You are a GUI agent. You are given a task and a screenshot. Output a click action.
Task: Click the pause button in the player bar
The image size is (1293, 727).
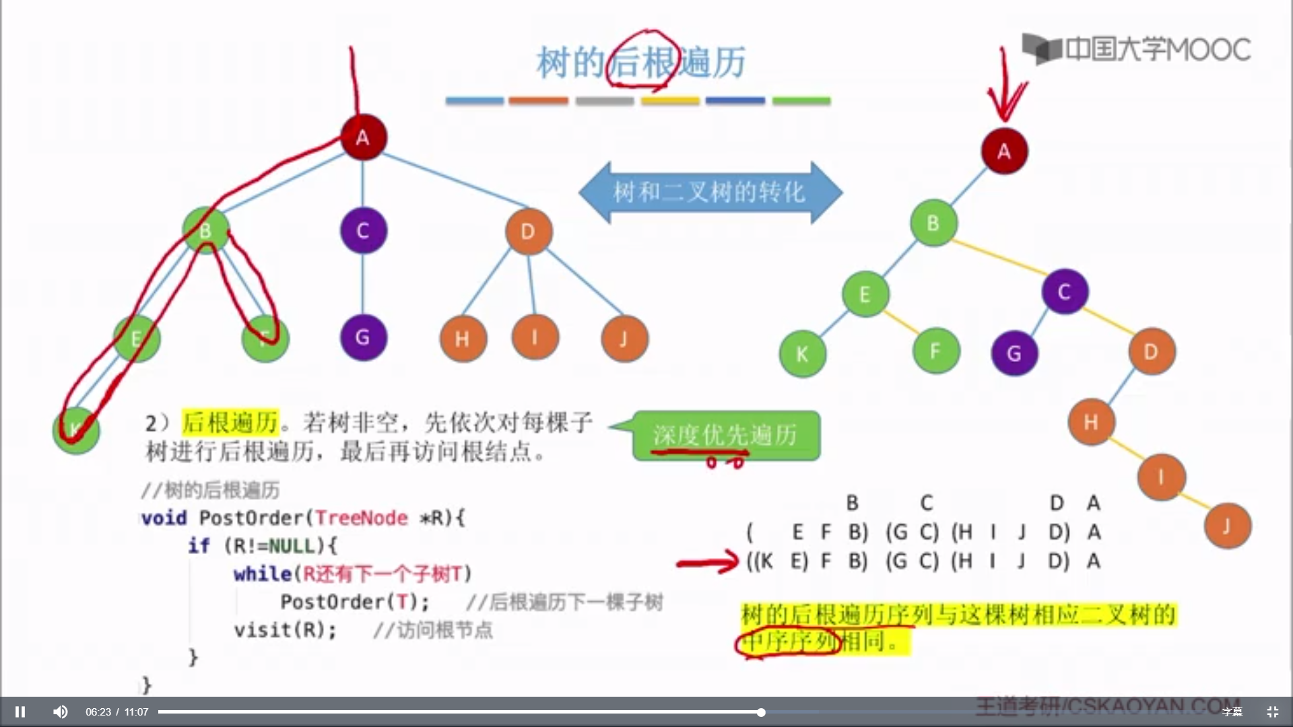(20, 712)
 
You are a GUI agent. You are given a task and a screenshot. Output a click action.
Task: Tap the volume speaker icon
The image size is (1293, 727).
(60, 712)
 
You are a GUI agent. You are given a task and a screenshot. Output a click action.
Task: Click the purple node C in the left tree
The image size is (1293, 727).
(363, 231)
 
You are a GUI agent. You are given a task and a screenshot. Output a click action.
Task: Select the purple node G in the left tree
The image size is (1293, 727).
(363, 337)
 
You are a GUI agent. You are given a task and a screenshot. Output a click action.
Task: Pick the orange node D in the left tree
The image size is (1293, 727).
(529, 232)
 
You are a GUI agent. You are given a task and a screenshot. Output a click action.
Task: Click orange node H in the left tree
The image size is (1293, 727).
(463, 339)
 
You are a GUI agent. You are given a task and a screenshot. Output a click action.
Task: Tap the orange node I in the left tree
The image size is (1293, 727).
(535, 336)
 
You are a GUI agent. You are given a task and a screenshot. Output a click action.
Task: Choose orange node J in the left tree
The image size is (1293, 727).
(624, 339)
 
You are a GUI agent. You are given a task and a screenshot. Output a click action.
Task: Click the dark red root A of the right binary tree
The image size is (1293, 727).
(1004, 151)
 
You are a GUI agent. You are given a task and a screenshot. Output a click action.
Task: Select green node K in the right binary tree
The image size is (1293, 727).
(802, 354)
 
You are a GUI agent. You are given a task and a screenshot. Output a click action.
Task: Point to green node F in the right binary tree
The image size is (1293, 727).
(935, 351)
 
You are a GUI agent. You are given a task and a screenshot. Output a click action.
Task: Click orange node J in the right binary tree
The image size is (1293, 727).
(1227, 526)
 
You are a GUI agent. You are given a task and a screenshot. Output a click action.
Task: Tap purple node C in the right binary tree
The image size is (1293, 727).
(1064, 291)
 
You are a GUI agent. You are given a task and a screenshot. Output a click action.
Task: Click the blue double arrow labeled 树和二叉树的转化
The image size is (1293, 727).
(710, 193)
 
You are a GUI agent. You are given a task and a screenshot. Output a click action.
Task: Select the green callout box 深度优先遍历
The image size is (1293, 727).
(726, 436)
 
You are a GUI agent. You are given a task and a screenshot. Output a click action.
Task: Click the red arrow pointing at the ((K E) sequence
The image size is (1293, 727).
(707, 561)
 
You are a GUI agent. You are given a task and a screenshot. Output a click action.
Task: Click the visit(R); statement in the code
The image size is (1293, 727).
(285, 630)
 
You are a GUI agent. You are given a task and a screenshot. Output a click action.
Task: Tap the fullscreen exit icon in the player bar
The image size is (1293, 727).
(1272, 712)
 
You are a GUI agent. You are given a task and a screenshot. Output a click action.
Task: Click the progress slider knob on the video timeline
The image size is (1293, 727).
(761, 712)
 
